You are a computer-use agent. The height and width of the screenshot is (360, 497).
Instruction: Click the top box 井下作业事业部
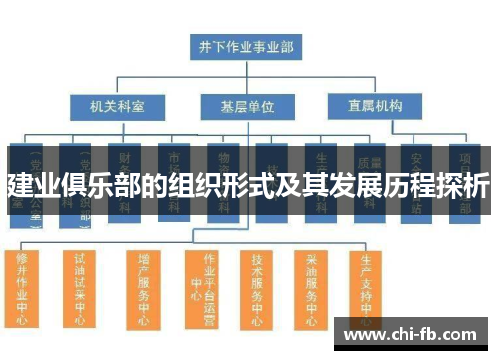coord(246,46)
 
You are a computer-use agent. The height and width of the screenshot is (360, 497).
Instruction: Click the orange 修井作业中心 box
coord(23,288)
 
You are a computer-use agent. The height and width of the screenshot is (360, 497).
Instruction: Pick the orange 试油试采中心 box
coord(80,288)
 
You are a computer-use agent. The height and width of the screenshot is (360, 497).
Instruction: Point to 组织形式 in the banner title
coord(213,185)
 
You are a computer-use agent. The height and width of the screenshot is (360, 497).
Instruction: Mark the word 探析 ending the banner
coord(463,185)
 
